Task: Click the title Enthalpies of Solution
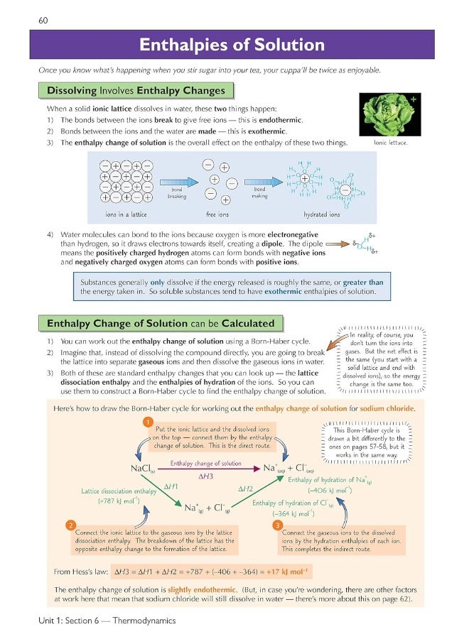(x=232, y=45)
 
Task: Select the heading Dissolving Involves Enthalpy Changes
(x=135, y=90)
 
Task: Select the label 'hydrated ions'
(x=321, y=214)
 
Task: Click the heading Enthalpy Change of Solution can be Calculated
(x=160, y=323)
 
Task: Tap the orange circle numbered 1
(x=148, y=422)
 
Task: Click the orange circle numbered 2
(x=70, y=525)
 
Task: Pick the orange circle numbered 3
(x=278, y=525)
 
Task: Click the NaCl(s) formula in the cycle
(x=143, y=469)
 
